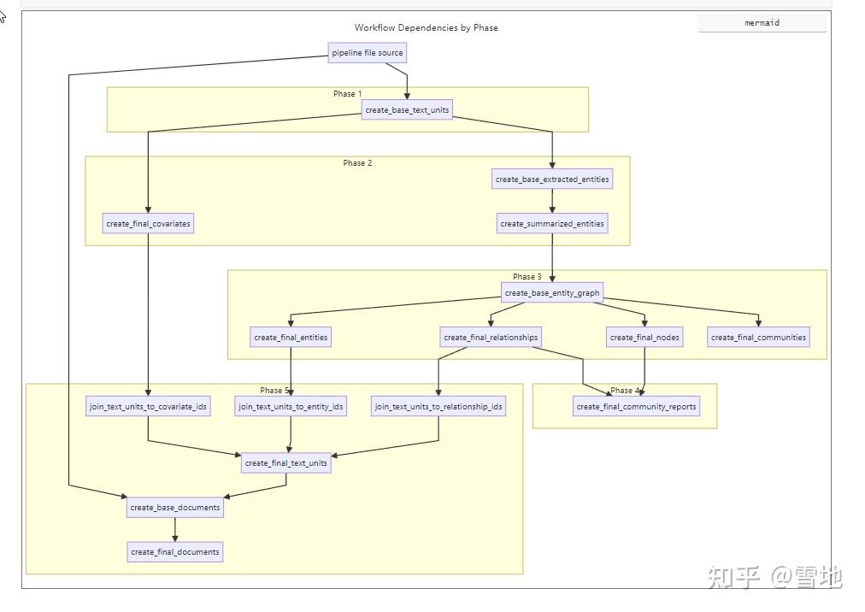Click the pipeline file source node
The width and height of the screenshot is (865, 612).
click(367, 53)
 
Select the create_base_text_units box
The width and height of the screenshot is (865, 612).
click(407, 110)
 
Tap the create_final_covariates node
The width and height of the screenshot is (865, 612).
click(149, 224)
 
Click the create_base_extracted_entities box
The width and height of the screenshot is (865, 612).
click(552, 179)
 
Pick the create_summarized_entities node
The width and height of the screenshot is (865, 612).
click(552, 224)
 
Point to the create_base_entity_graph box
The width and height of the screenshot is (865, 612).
click(552, 293)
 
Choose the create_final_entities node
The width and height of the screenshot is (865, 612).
click(291, 338)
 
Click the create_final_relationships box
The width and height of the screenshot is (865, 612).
click(491, 338)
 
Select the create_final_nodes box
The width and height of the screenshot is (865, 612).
click(644, 338)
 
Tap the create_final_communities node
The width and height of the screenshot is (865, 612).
click(758, 338)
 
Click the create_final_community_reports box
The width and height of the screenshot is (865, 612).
click(636, 407)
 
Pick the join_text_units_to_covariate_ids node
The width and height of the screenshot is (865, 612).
click(149, 407)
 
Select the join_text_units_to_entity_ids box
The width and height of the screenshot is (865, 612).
click(291, 407)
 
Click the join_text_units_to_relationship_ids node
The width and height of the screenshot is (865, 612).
click(438, 407)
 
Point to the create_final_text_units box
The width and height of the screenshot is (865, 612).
click(285, 463)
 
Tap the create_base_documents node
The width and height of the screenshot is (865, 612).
click(175, 508)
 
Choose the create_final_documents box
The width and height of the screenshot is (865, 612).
click(175, 552)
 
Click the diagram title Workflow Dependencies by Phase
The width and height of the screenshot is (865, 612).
click(426, 28)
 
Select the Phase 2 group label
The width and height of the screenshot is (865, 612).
click(357, 163)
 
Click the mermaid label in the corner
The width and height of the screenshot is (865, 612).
click(762, 23)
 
